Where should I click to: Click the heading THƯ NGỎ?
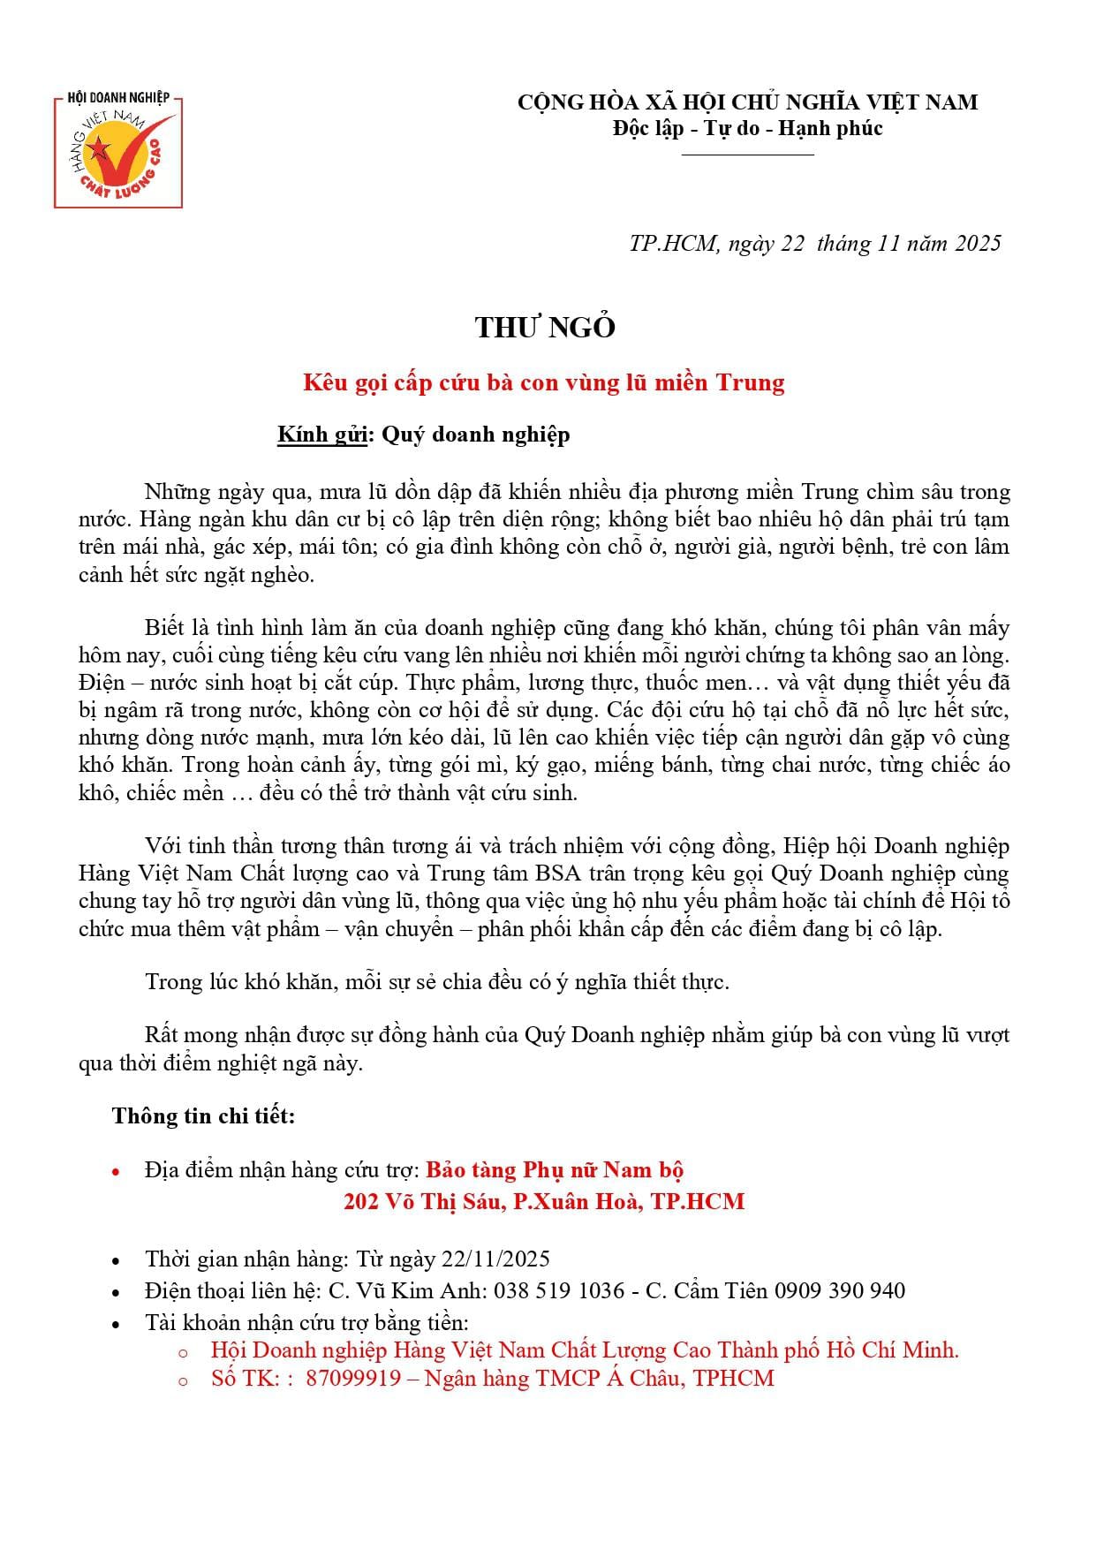(x=545, y=328)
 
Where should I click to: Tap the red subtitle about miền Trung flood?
(x=543, y=382)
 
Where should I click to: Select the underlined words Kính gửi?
(x=322, y=435)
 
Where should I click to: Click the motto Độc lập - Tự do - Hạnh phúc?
(x=747, y=129)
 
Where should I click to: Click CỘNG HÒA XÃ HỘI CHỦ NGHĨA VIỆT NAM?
(x=747, y=102)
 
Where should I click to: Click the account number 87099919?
(x=353, y=1378)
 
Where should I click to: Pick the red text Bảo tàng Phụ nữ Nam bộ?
(x=555, y=1170)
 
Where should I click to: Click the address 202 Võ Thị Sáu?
(x=420, y=1201)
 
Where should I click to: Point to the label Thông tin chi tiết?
(x=203, y=1115)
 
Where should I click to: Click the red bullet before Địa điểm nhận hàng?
(x=117, y=1172)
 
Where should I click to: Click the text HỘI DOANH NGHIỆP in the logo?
(x=118, y=96)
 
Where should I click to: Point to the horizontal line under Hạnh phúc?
(x=747, y=155)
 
